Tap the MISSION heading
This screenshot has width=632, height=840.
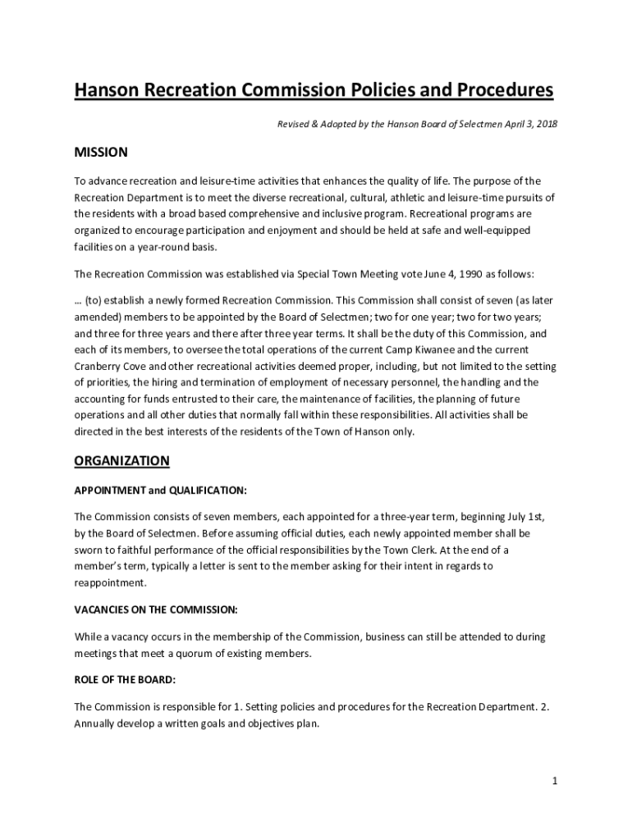[101, 153]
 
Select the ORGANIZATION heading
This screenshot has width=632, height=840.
[121, 461]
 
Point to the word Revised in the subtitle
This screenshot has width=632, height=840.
[294, 123]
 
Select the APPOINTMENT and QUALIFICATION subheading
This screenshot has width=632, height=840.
[160, 491]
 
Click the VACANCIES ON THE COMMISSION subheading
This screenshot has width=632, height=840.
[156, 609]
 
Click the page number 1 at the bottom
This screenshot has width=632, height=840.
[555, 781]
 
